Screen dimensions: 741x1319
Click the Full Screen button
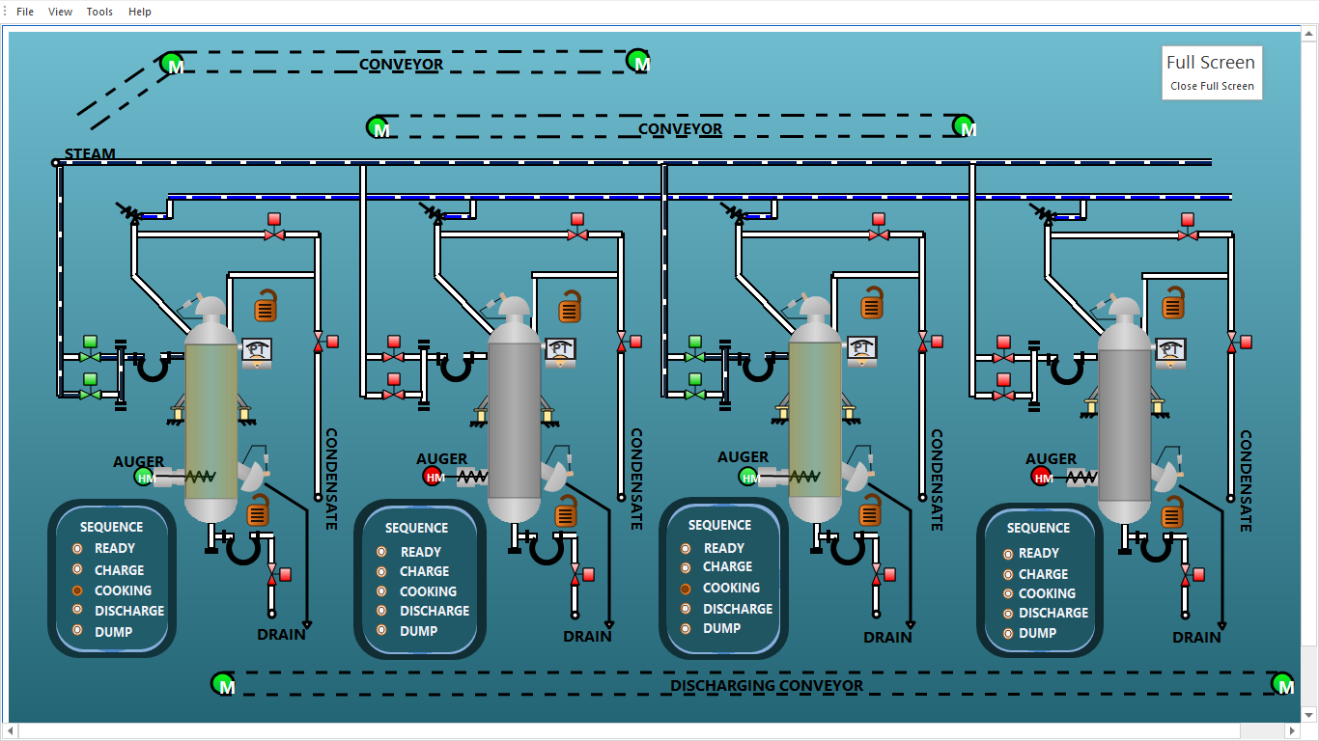(1210, 63)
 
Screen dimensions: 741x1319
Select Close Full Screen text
(1212, 86)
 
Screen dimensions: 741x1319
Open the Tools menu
(99, 12)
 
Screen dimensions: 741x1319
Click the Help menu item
(140, 12)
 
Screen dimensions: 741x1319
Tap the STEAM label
(90, 153)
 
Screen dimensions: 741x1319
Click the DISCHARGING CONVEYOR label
(767, 686)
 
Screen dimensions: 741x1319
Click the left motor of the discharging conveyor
(223, 684)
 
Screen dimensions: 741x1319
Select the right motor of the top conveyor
(638, 62)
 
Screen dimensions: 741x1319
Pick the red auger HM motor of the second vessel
(434, 476)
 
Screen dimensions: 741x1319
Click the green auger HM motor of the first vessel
(145, 477)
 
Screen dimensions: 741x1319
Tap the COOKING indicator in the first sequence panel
(77, 590)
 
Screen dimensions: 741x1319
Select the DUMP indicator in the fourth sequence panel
(1008, 633)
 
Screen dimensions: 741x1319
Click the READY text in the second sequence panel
(421, 552)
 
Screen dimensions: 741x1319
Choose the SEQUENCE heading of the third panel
(719, 525)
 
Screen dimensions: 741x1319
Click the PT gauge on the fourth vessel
(1171, 351)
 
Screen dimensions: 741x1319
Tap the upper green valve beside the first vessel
(90, 356)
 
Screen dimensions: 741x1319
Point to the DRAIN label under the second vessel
(587, 636)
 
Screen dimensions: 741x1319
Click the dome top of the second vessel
(514, 310)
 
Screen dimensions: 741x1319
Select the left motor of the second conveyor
(379, 127)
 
